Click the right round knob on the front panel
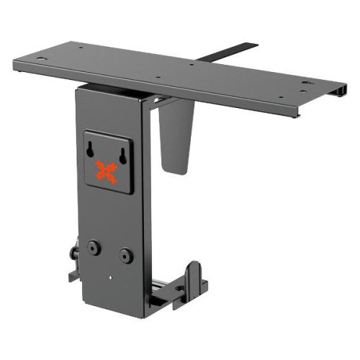click(x=127, y=254)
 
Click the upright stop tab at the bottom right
click(x=195, y=277)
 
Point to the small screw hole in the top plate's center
click(x=192, y=66)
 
